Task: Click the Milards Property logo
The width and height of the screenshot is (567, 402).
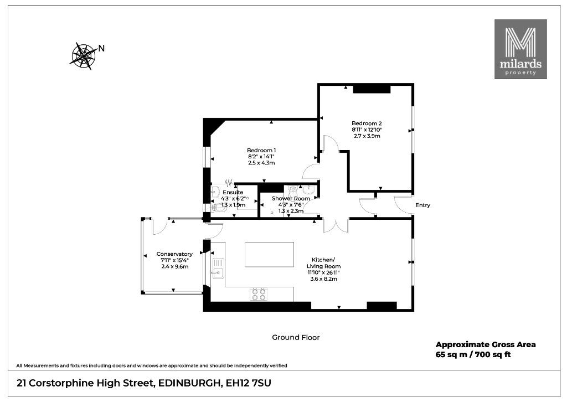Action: click(520, 49)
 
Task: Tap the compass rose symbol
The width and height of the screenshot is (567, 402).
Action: click(83, 56)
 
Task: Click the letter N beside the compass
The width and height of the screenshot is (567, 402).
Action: click(102, 48)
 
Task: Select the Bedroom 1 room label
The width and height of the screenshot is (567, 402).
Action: click(261, 151)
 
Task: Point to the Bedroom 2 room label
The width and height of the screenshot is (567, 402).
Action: click(367, 123)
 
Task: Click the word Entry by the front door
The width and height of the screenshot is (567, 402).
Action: click(422, 205)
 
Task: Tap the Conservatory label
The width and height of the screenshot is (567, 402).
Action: click(174, 254)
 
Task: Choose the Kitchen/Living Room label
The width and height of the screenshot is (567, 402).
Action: click(323, 263)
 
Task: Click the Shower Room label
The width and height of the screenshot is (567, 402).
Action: click(291, 198)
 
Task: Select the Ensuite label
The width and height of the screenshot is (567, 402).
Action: click(233, 192)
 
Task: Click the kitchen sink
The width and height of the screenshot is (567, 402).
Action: click(218, 268)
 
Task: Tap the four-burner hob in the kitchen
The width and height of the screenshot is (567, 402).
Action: click(259, 294)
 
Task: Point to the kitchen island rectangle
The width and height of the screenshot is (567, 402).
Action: click(269, 255)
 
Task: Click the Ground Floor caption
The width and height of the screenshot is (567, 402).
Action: click(296, 338)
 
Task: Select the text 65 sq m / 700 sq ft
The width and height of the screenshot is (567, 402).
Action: click(473, 354)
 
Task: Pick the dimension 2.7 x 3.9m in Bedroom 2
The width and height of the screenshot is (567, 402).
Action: click(367, 136)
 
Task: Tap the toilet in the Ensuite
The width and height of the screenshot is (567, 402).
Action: click(218, 208)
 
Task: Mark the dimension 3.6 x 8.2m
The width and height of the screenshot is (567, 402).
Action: click(323, 279)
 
